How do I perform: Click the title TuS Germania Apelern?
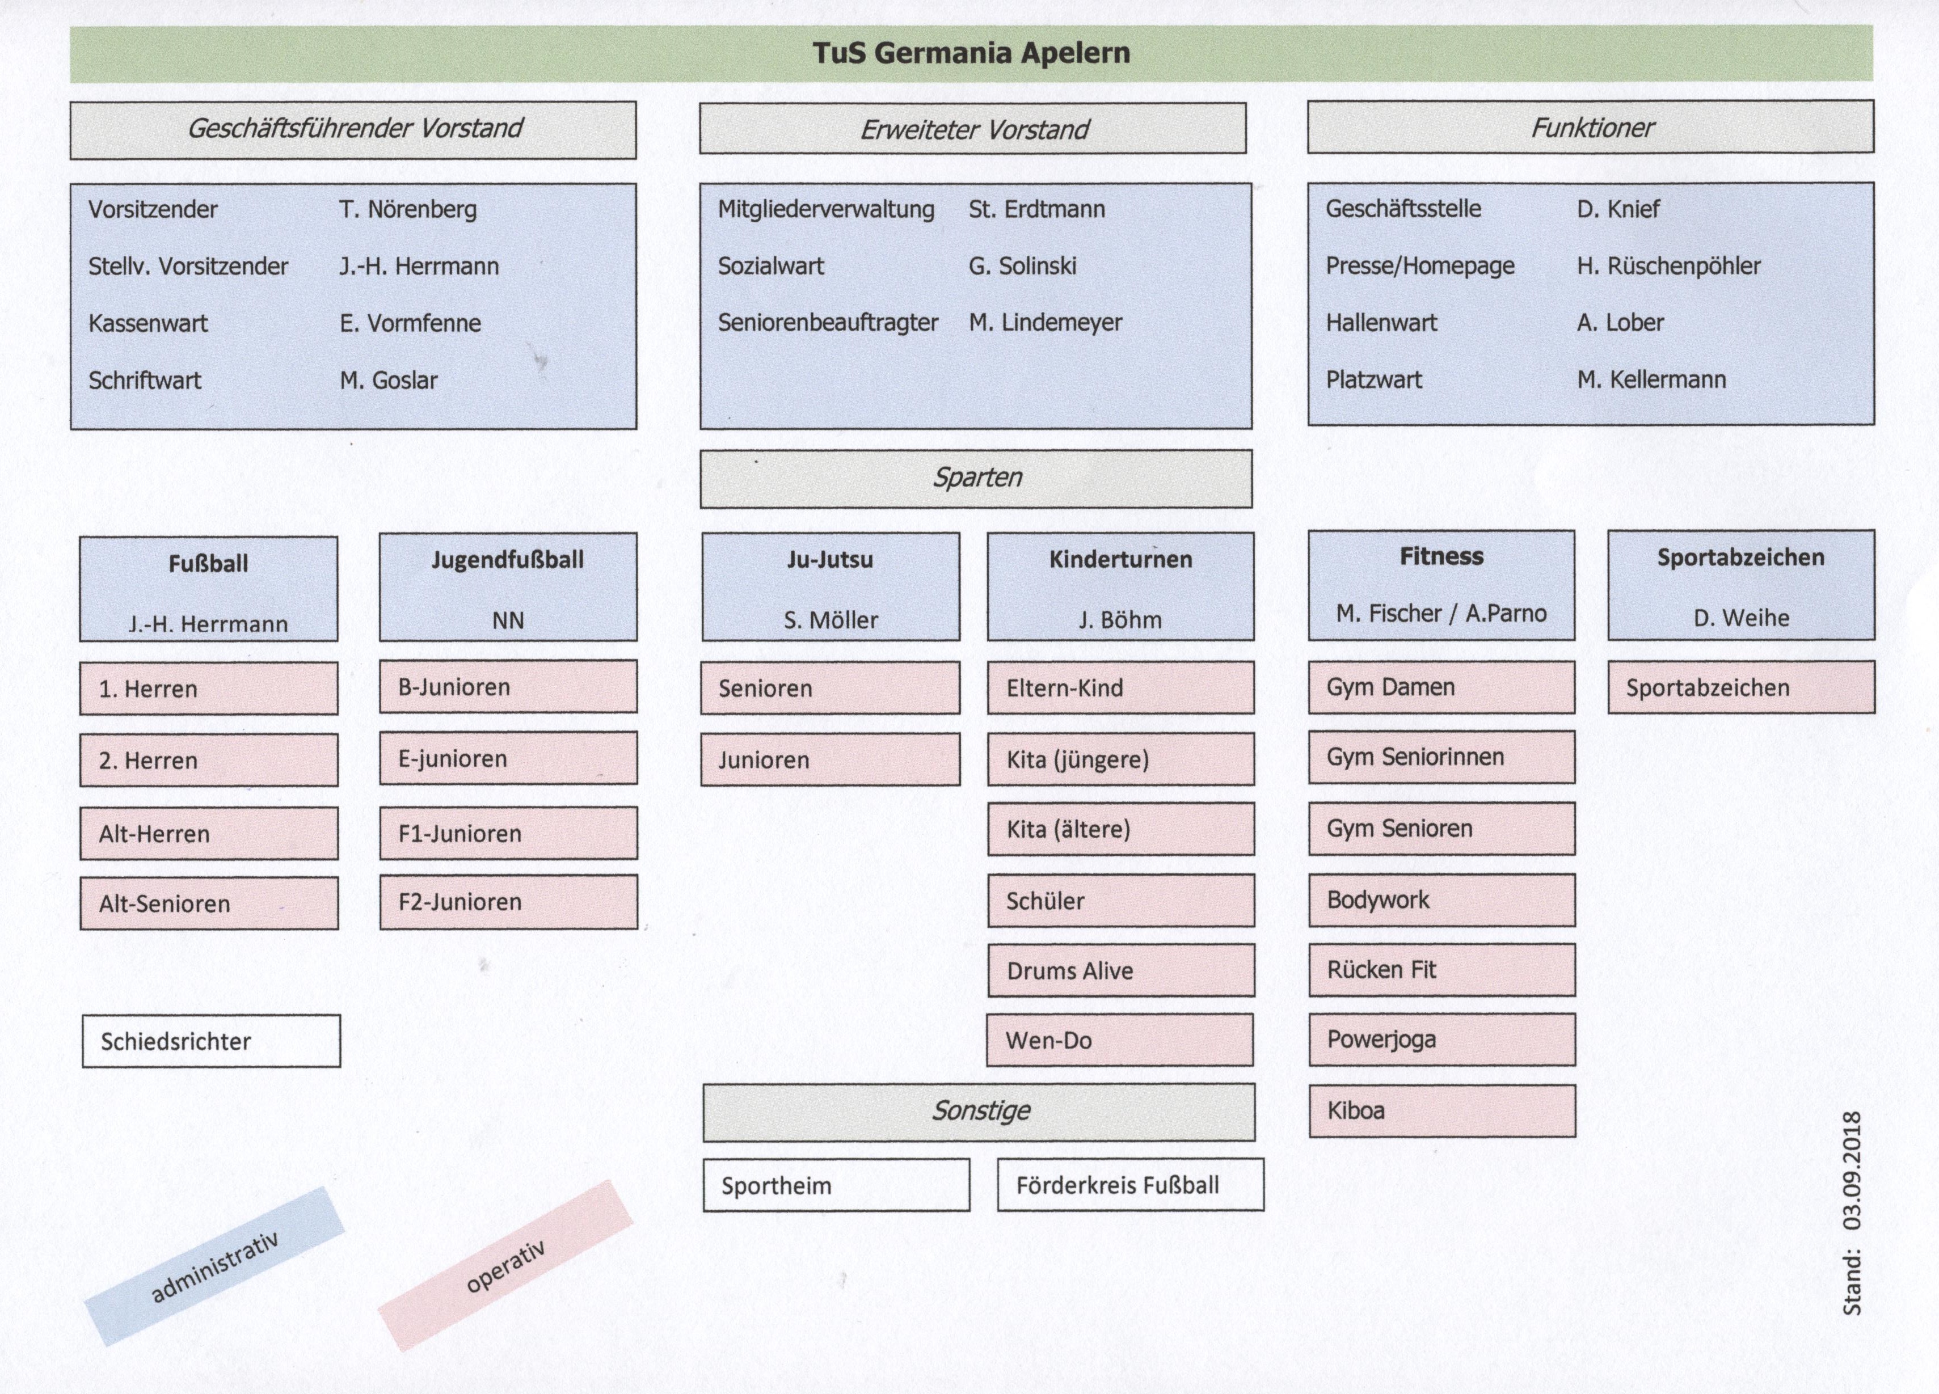tap(971, 53)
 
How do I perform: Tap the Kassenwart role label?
tap(148, 323)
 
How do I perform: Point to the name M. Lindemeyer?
tap(1045, 323)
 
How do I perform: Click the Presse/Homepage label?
tap(1420, 267)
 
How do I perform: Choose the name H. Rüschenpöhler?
tap(1669, 267)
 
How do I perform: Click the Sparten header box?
tap(976, 479)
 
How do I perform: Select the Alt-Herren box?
tap(209, 833)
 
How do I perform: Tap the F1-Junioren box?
tap(509, 833)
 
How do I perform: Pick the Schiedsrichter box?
tap(211, 1041)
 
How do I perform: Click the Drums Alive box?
tap(1121, 970)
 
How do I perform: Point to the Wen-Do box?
tap(1120, 1040)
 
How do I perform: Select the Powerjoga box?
tap(1442, 1040)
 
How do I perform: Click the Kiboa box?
tap(1442, 1110)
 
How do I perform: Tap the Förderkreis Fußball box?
tap(1130, 1185)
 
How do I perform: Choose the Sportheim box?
tap(836, 1185)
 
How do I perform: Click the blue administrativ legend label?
tap(214, 1266)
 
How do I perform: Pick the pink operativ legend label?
tap(505, 1266)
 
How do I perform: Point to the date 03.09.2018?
tap(1852, 1170)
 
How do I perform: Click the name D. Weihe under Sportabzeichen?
tap(1742, 618)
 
